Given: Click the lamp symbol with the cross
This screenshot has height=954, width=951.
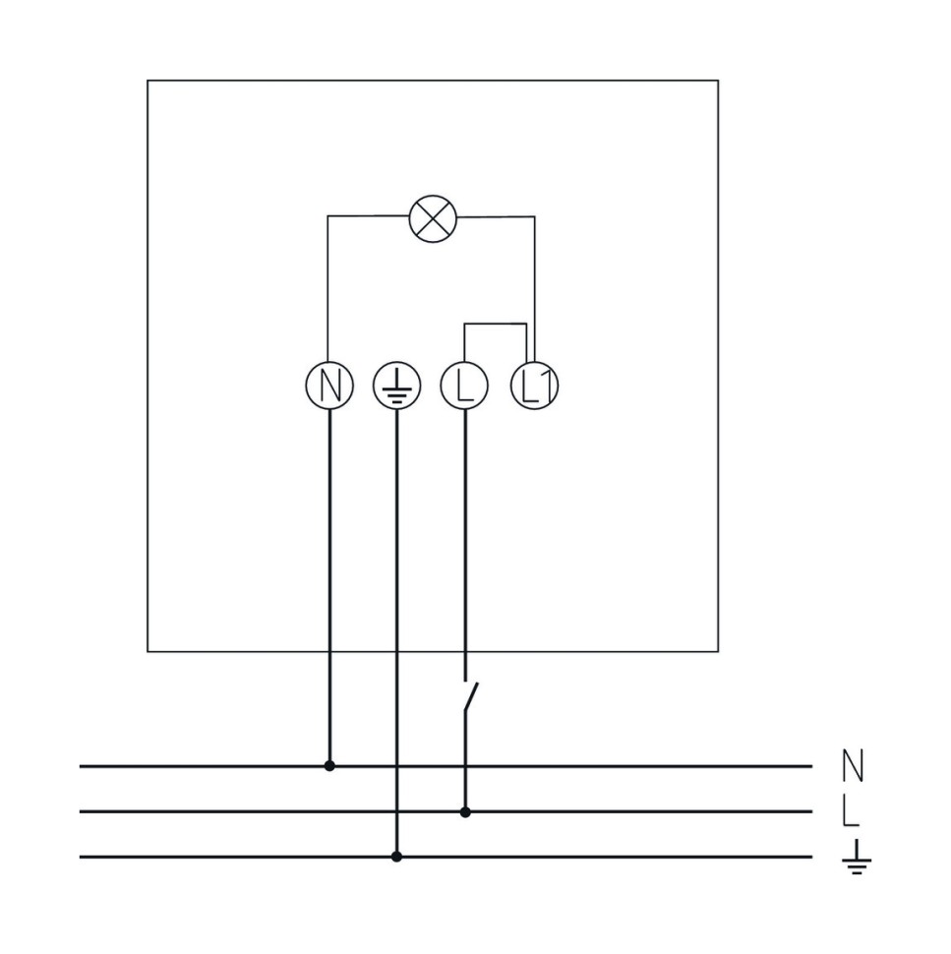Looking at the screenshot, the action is point(433,219).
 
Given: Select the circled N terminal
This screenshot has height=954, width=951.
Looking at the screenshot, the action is point(329,386).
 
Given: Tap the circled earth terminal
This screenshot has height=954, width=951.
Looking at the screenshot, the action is point(396,386).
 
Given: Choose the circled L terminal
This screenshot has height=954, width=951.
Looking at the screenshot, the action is point(465,386).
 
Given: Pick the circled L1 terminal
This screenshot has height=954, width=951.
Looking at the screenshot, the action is point(534,386).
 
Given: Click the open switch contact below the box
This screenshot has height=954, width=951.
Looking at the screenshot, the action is point(471,696).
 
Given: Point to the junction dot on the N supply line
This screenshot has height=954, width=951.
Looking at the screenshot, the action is point(329,766).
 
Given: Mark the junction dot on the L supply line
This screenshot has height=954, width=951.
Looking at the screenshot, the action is point(465,811).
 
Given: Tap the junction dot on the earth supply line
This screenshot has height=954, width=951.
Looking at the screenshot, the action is point(396,857).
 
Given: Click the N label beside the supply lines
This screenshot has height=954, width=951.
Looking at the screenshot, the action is point(853,766).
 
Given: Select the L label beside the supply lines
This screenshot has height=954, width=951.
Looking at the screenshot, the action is point(851,811).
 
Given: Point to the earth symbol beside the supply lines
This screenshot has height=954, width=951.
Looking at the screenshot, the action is point(857,857).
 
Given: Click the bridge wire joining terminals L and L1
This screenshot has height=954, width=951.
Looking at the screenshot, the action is point(496,324).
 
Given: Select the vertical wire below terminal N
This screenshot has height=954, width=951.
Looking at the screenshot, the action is point(329,587).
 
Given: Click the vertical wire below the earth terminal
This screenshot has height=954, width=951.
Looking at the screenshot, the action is point(396,632).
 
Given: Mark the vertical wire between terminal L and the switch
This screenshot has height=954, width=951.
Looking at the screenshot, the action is point(465,545).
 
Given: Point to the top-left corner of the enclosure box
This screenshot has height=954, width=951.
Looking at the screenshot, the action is point(148,81).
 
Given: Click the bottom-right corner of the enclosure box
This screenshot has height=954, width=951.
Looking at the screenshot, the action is point(718,652).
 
